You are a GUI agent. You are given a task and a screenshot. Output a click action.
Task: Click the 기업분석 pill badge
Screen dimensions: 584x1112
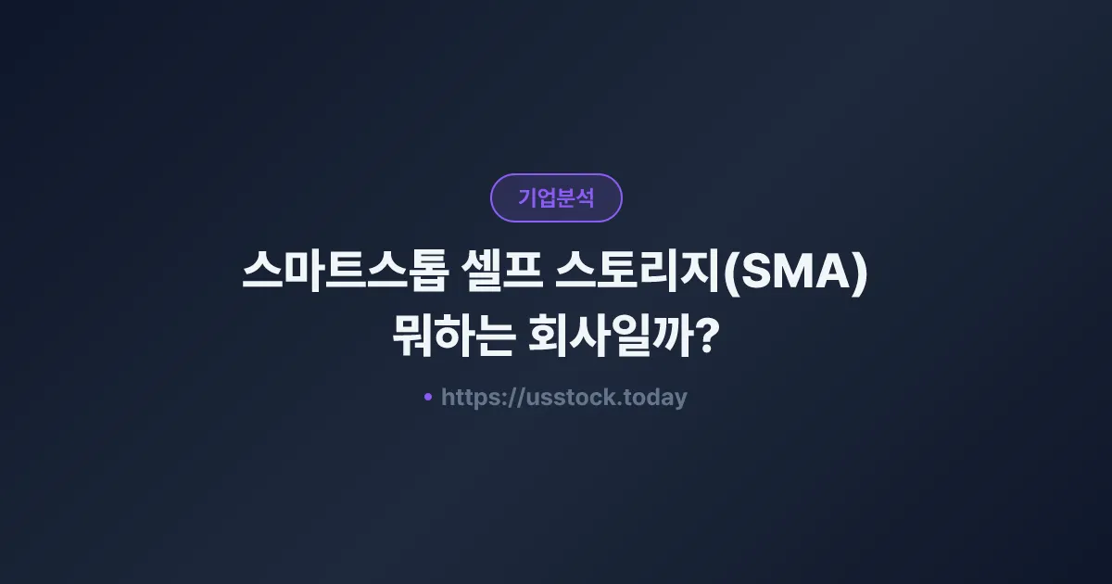556,197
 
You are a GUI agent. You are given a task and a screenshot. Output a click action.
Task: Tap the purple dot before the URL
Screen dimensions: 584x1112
428,397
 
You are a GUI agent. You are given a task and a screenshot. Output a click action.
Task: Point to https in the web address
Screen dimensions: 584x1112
469,398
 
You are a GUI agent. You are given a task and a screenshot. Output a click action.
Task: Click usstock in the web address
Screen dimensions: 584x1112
563,398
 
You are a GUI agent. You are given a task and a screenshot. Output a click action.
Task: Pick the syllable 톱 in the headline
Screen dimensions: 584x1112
435,274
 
